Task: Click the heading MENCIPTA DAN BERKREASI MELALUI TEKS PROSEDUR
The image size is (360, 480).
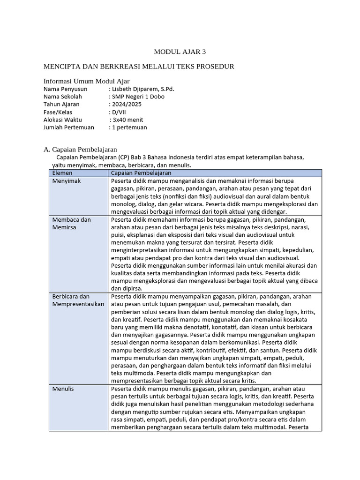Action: click(138, 67)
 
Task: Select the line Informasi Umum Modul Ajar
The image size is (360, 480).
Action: click(86, 81)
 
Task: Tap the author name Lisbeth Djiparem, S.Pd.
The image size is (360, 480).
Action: click(143, 89)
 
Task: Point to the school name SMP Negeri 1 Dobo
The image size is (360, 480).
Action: click(138, 97)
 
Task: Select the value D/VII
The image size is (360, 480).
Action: click(117, 112)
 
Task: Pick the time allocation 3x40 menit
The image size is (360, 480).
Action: click(127, 120)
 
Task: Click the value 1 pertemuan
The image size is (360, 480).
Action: click(129, 127)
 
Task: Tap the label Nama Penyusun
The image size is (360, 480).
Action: click(65, 89)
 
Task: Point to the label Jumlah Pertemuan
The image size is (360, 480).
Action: click(68, 127)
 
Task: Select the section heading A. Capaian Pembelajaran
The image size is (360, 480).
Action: click(80, 150)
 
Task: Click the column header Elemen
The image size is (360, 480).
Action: click(63, 173)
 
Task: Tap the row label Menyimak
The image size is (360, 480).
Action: click(67, 181)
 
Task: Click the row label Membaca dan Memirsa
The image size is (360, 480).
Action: click(71, 223)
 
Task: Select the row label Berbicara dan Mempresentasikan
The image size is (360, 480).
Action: click(77, 300)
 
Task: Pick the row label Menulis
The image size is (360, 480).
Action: click(63, 389)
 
